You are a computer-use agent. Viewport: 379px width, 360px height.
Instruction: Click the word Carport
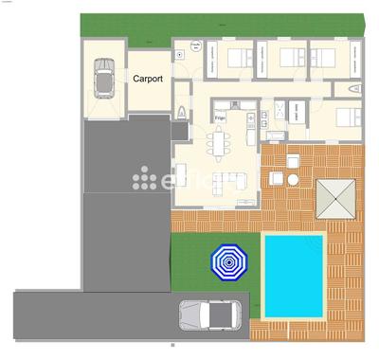(149, 80)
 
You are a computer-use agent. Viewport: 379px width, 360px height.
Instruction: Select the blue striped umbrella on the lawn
(228, 261)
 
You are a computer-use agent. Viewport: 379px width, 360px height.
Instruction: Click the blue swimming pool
(294, 275)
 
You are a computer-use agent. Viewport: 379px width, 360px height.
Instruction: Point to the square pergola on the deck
(337, 199)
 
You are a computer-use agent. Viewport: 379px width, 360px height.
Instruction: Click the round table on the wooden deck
(293, 180)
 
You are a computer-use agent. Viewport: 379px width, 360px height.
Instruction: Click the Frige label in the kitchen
(220, 118)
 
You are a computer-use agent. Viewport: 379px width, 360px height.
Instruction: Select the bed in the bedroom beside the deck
(348, 117)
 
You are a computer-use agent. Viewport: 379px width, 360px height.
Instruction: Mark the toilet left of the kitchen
(181, 114)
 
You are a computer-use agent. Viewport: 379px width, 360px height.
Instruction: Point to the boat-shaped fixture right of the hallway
(354, 88)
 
